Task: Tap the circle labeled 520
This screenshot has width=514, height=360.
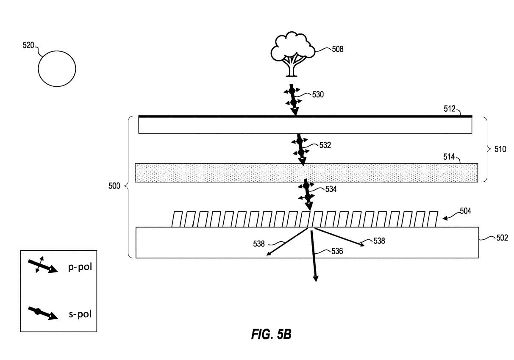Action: (x=57, y=69)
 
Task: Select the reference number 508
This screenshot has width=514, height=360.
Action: (x=337, y=50)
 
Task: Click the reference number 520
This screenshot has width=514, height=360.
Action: (x=29, y=45)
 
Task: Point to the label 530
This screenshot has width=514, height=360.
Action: (x=318, y=94)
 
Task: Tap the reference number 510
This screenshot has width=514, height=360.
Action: (x=500, y=149)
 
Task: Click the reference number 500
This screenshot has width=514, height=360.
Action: (x=115, y=186)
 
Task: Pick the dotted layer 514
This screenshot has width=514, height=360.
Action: (x=306, y=173)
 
